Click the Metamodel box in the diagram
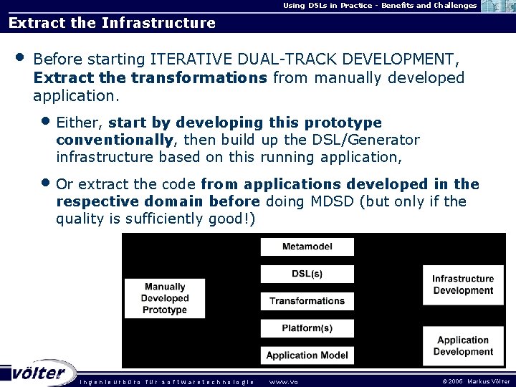click(x=307, y=247)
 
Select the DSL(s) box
click(x=307, y=274)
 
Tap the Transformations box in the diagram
click(x=307, y=301)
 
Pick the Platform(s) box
click(x=307, y=328)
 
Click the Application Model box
click(x=307, y=355)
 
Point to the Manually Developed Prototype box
click(x=164, y=298)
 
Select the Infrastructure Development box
click(x=462, y=285)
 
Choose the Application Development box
click(x=462, y=346)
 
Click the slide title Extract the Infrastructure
click(x=112, y=23)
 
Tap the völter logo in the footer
click(x=39, y=373)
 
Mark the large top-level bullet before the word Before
click(x=19, y=57)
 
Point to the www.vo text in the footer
click(x=283, y=381)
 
